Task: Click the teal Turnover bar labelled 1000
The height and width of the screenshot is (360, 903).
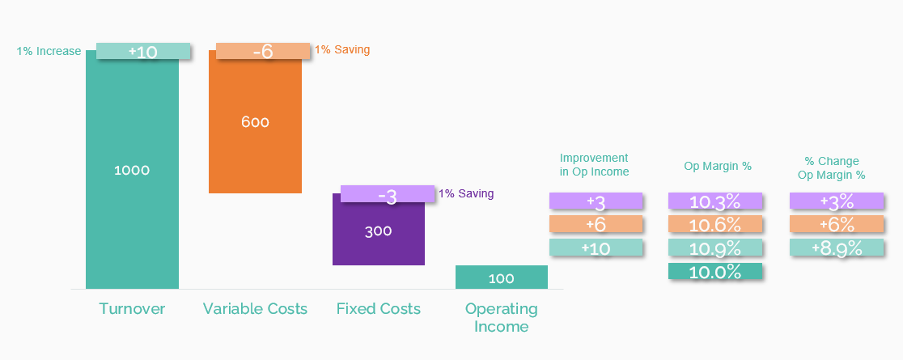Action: (132, 170)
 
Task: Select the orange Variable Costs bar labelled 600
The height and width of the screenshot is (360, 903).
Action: (255, 122)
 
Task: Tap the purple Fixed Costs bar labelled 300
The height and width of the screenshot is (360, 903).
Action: (378, 231)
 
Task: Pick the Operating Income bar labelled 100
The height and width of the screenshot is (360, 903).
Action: (501, 277)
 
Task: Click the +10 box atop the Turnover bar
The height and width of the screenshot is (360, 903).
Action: (143, 51)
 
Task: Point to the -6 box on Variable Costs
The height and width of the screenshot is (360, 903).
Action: (263, 51)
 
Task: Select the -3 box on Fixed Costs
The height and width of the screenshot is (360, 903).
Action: (387, 194)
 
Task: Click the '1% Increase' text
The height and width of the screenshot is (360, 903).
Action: (49, 52)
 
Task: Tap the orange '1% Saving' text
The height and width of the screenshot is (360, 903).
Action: (341, 50)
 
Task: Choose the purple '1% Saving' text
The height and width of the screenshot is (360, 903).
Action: (465, 194)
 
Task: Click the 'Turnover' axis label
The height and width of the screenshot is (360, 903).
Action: (132, 309)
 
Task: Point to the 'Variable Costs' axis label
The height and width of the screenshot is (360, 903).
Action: (255, 309)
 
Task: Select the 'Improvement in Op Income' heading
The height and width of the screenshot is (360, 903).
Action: (594, 165)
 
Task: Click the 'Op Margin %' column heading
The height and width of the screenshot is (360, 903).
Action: (718, 167)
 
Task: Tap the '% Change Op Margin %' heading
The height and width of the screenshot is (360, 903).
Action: (831, 168)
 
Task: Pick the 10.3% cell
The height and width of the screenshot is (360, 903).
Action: (715, 201)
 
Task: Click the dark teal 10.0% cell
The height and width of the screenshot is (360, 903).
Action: (715, 272)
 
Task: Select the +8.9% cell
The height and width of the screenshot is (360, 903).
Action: (836, 248)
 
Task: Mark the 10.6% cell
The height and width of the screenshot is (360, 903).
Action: (715, 225)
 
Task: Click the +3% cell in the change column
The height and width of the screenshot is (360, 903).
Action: (836, 201)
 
